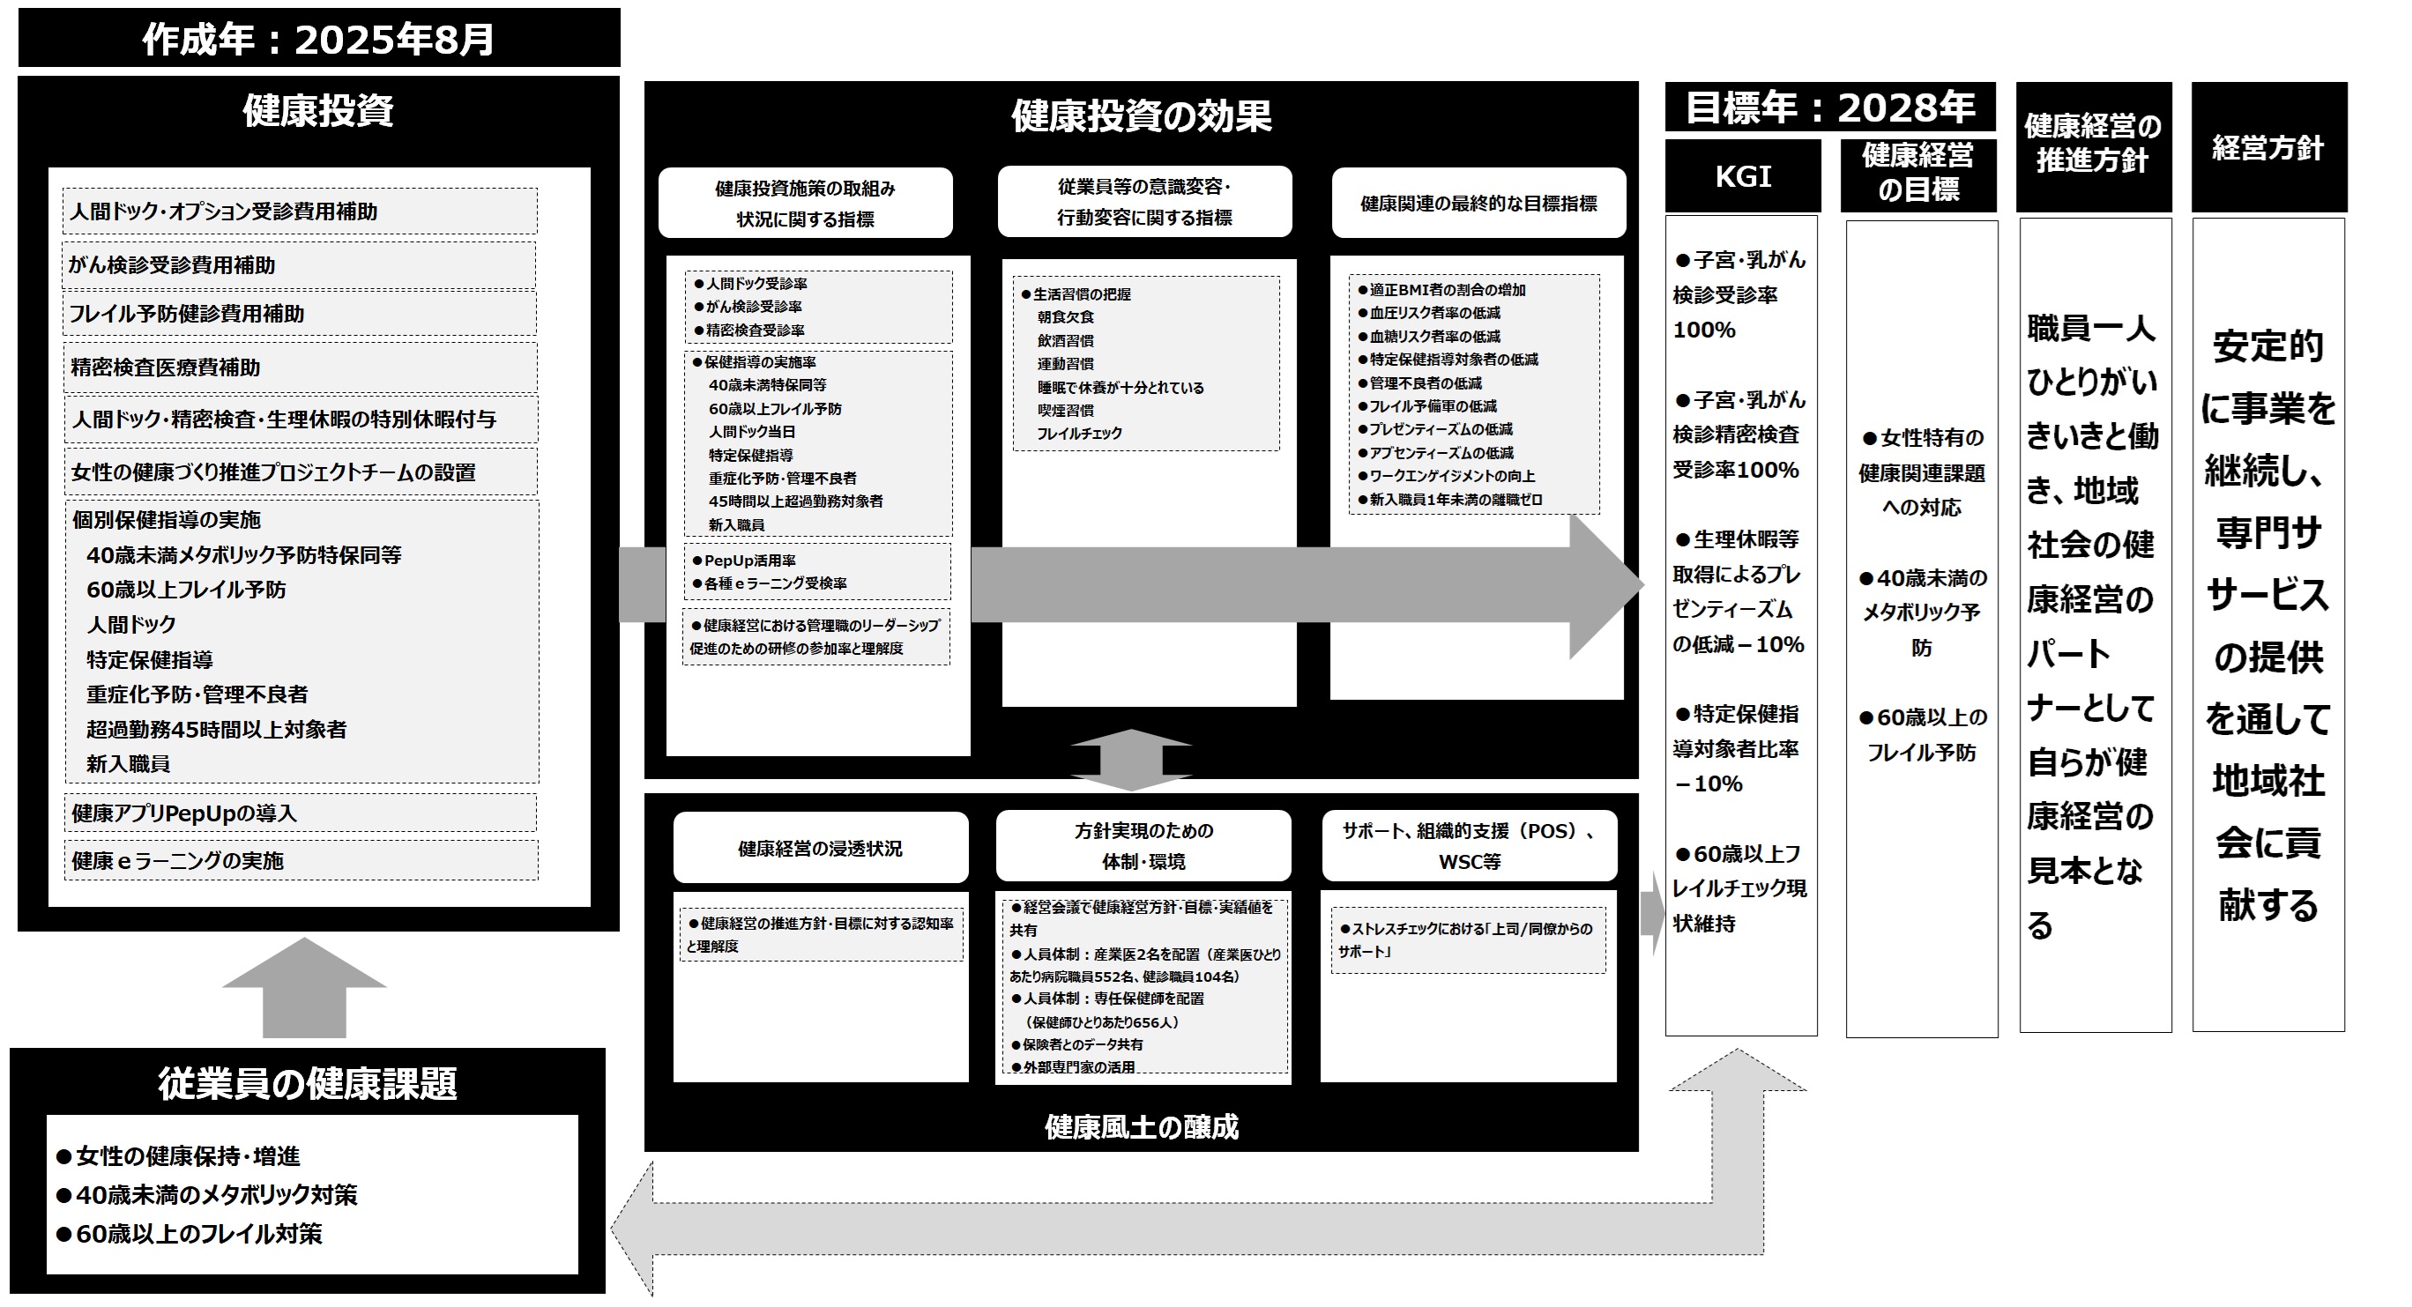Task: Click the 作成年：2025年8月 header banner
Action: (x=318, y=39)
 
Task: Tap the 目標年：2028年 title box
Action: (x=1828, y=108)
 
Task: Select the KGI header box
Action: (x=1742, y=176)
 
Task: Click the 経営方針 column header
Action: (x=2267, y=148)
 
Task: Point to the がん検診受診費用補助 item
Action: (x=300, y=265)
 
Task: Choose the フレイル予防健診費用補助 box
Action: (x=300, y=314)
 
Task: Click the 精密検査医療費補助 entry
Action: (x=300, y=367)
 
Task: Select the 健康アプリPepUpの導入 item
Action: (x=300, y=813)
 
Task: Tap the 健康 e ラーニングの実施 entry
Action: (x=300, y=860)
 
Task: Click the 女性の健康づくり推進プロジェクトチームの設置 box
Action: (x=300, y=472)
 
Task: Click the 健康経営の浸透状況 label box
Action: (x=819, y=848)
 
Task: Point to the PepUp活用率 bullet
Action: (x=749, y=560)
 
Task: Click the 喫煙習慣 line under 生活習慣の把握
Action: (x=1065, y=410)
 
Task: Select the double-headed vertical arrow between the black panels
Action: (x=1131, y=760)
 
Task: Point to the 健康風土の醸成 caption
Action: (x=1141, y=1126)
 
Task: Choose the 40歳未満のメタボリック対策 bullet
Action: (x=215, y=1195)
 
